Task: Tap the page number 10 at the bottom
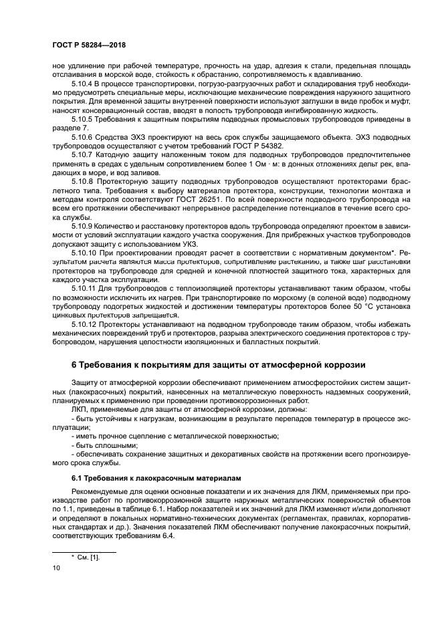[56, 568]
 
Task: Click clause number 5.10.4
[83, 84]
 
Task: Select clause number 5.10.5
[83, 119]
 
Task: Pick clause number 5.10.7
[83, 154]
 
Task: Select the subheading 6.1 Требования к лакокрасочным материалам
[156, 478]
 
